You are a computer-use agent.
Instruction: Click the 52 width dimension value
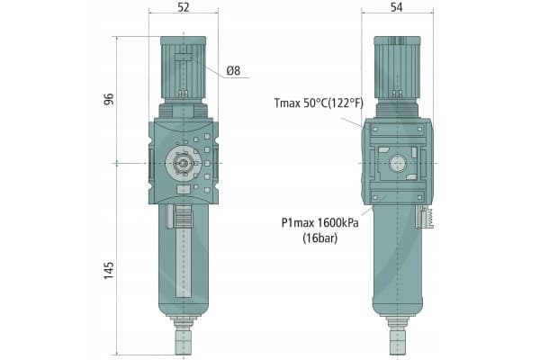184,7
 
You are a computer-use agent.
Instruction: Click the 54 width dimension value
396,7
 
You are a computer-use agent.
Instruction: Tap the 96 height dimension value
109,99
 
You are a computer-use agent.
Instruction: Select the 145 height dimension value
109,270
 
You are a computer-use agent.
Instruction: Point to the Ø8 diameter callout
233,70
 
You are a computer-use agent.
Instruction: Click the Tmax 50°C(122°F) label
319,103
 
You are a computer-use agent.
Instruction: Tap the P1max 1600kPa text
319,223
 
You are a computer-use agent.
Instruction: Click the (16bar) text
319,238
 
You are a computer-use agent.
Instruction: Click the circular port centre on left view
183,163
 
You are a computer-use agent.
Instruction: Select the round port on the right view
397,163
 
